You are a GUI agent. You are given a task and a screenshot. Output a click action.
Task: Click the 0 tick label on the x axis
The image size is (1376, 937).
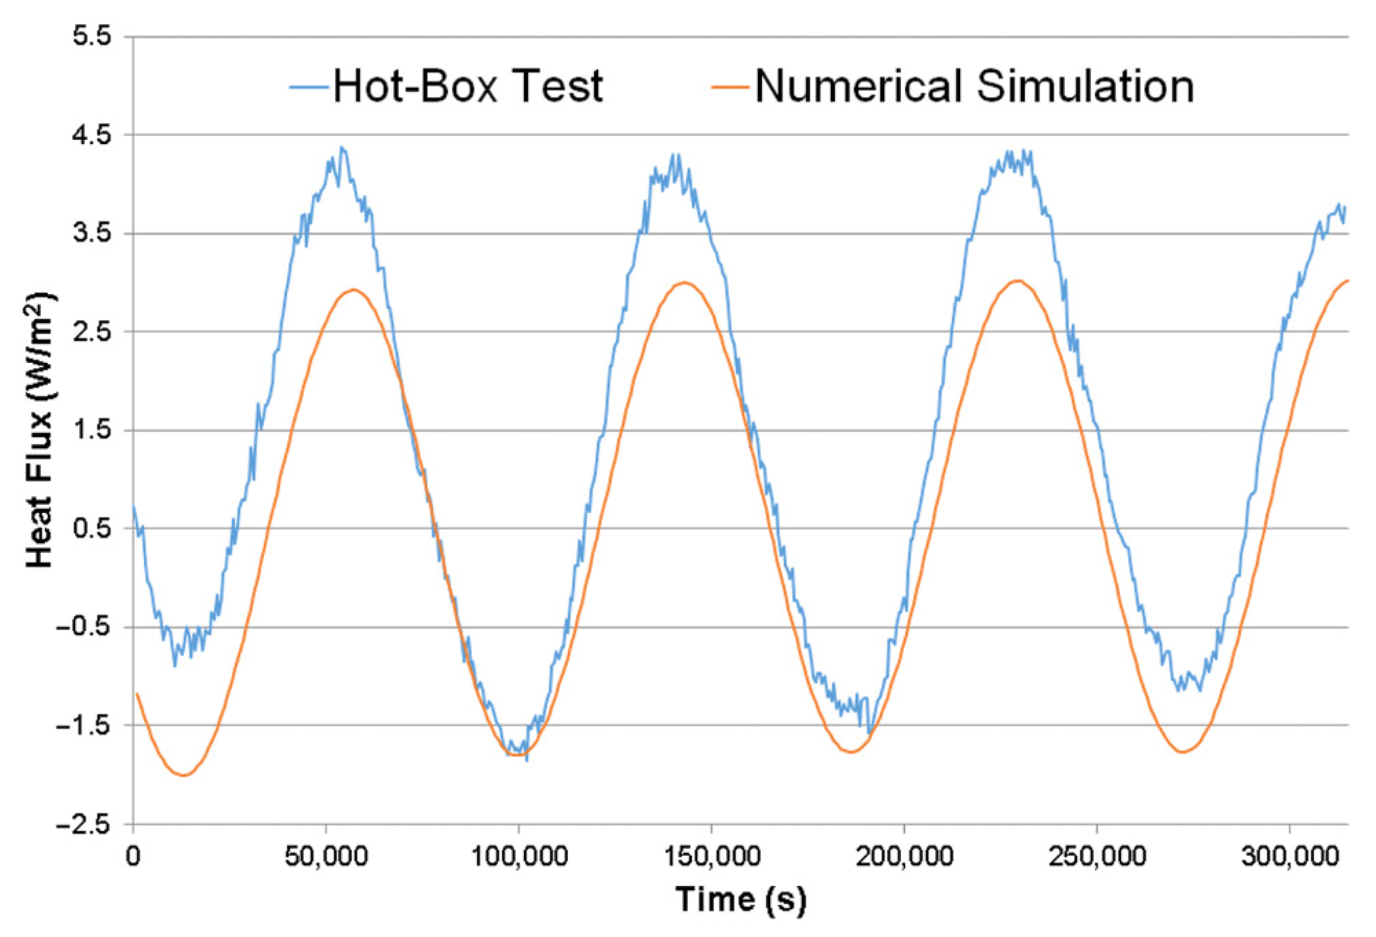point(133,857)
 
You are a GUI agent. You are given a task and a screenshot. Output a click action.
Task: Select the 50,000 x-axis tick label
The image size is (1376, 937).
point(326,857)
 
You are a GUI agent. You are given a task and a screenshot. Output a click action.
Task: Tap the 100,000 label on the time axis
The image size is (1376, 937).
point(519,857)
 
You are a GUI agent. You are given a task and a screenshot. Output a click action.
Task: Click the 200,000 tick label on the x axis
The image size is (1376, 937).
point(905,857)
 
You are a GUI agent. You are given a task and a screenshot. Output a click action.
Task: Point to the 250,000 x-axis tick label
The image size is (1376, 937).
point(1097,857)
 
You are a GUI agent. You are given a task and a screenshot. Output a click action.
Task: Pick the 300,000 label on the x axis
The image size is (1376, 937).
point(1290,857)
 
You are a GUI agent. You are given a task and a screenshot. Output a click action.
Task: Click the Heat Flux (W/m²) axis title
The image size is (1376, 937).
point(40,431)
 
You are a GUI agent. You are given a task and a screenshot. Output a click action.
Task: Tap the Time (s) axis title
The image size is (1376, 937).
point(741,899)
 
